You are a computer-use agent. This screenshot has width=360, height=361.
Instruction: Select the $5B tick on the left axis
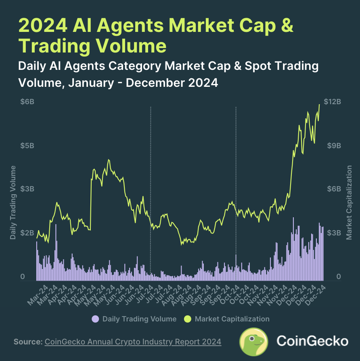tap(27, 145)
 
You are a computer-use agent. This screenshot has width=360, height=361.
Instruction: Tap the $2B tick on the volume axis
tap(27, 233)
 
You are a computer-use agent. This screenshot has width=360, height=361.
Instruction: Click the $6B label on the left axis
tap(27, 102)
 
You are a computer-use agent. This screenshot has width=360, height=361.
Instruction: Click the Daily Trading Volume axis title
tap(13, 202)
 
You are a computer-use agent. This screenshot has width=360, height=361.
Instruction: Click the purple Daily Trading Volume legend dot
tap(95, 319)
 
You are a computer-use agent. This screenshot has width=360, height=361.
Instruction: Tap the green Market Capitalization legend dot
tap(187, 319)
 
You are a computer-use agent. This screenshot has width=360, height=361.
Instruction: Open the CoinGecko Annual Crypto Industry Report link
tap(133, 342)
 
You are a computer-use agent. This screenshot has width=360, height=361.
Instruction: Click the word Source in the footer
tap(27, 342)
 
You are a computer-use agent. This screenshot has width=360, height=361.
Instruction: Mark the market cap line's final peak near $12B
tap(319, 105)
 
